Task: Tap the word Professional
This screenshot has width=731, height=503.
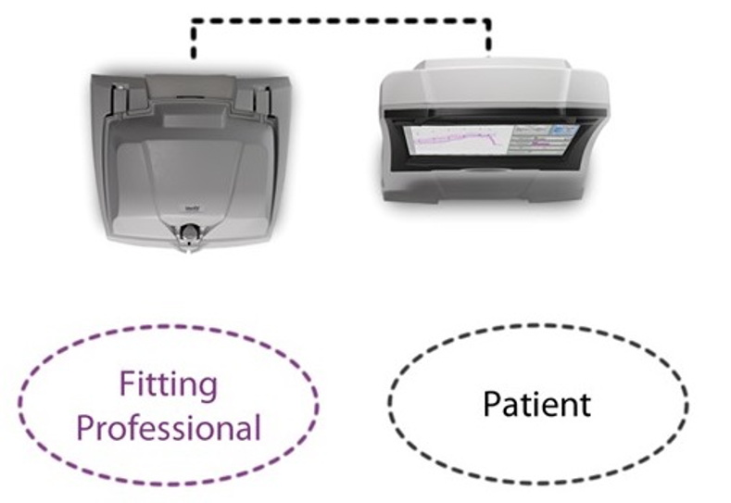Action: [x=169, y=428]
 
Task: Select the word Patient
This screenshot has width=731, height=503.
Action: [x=536, y=404]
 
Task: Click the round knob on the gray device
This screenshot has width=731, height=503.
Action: [x=189, y=232]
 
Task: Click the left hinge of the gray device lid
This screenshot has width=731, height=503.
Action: [x=119, y=100]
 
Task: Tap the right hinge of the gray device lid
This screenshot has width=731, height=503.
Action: [x=262, y=99]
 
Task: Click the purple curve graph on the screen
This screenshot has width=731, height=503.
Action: [x=457, y=140]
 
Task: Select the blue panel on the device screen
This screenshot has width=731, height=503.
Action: [x=564, y=131]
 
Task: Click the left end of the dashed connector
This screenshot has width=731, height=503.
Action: [x=193, y=57]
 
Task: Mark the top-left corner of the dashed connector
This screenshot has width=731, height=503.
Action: [x=193, y=22]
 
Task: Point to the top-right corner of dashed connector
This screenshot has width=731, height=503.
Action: [x=488, y=22]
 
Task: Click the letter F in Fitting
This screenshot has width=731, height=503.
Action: [x=127, y=384]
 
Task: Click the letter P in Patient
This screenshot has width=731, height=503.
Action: [x=492, y=404]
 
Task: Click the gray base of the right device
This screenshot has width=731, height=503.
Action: [x=485, y=184]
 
